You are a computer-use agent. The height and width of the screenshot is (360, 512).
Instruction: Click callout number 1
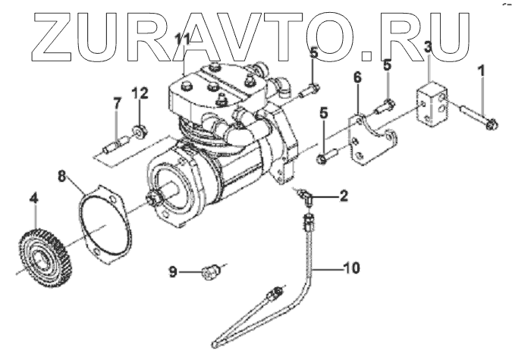(479, 74)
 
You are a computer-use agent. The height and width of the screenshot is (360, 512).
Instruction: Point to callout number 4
(33, 200)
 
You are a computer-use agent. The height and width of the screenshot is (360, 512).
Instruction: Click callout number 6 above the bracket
(357, 78)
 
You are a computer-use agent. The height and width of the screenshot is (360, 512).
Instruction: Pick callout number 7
(116, 103)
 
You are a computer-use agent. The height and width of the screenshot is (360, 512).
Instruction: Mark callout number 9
(173, 271)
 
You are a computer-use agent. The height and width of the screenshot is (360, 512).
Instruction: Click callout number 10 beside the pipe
(350, 266)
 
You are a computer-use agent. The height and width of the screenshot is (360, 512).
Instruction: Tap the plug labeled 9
(211, 270)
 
